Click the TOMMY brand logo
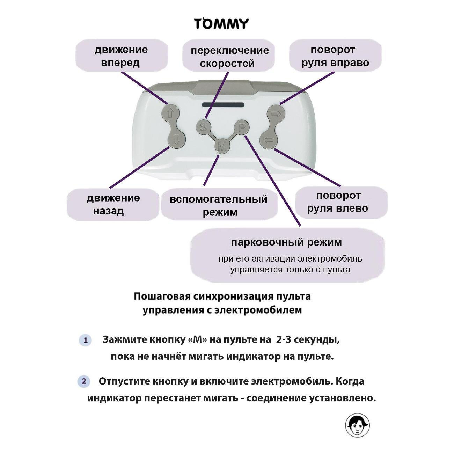pos(221,24)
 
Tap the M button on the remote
pos(222,147)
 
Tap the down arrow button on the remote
pos(176,140)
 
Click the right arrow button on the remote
pos(276,113)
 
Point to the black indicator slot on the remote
pos(222,105)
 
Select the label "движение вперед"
pos(121,56)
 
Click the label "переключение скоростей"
pos(229,57)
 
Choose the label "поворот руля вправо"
pos(335,56)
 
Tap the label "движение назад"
pos(113,204)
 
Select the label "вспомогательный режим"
pos(219,205)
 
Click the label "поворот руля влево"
pos(338,202)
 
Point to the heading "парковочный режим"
pos(286,242)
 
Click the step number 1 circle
pos(85,340)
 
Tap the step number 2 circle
pos(83,381)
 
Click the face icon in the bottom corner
pos(357,425)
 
